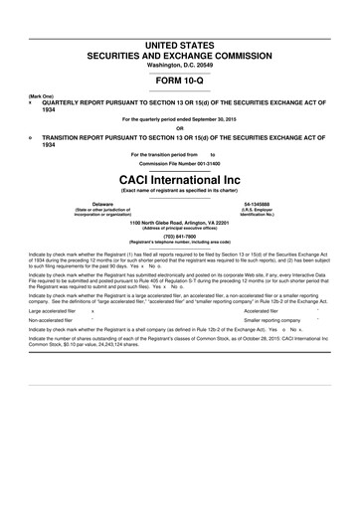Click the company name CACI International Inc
[x=180, y=177]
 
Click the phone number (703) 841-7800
[x=180, y=235]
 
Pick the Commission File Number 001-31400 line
[x=180, y=163]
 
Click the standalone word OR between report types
[x=180, y=126]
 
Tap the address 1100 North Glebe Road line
[x=180, y=222]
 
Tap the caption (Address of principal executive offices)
[x=180, y=228]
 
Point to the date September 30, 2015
[x=219, y=118]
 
